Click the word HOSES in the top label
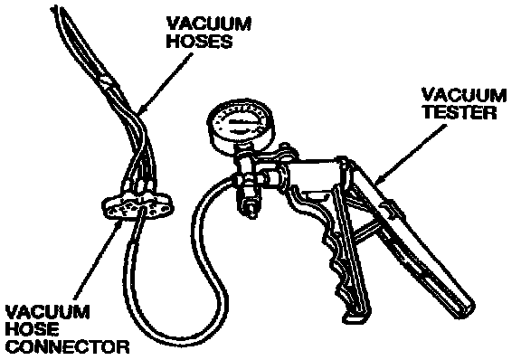coord(199,42)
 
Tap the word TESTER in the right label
coord(459,112)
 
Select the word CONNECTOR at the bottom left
coord(68,346)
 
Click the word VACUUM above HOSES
coord(209,24)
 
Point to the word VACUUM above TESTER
coord(464,95)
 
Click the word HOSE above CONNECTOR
coord(33,329)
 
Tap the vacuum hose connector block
coord(137,207)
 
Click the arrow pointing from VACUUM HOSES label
coord(165,84)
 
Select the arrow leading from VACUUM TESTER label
coord(411,155)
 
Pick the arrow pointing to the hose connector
coord(97,258)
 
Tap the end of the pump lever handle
coord(465,308)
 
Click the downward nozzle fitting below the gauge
coord(250,203)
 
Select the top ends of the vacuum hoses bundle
coord(59,10)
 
